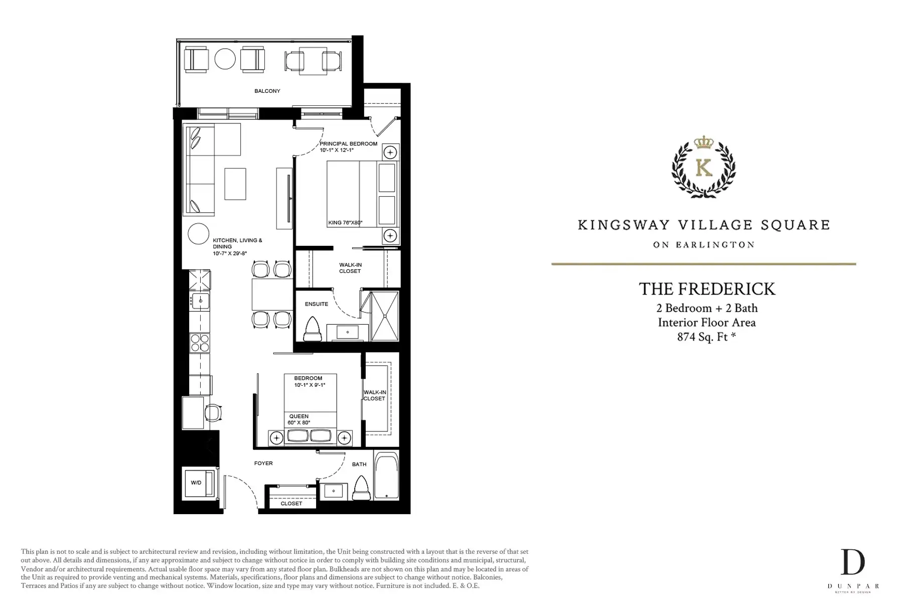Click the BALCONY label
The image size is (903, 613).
pos(267,91)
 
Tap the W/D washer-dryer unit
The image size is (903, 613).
pos(199,483)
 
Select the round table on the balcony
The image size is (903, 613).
pos(225,59)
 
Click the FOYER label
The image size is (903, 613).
pos(263,464)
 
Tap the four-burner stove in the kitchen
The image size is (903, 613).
pos(200,343)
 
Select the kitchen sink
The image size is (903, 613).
pos(200,301)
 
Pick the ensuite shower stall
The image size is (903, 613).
pos(385,316)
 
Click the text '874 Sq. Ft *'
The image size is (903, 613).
pos(706,337)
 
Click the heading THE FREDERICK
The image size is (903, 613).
pos(707,289)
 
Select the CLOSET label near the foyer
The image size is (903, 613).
pos(291,504)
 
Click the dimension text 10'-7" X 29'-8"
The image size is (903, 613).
pos(230,253)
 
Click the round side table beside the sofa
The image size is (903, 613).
pos(199,234)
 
